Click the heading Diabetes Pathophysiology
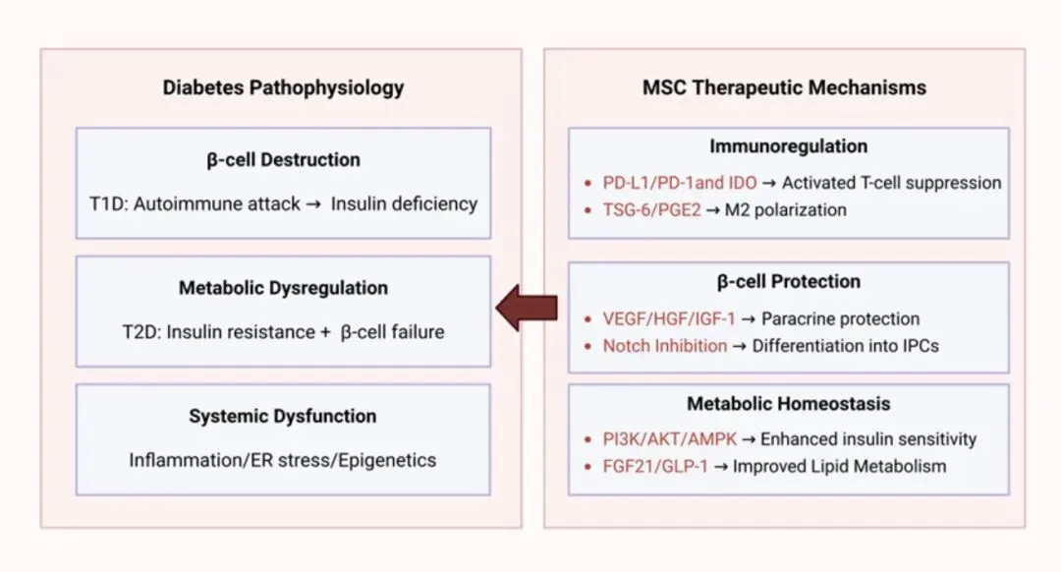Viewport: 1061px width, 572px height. point(283,87)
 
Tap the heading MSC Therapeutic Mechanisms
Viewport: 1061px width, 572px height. point(784,87)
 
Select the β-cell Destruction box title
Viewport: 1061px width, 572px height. point(283,159)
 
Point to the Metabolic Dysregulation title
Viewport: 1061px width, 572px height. point(283,288)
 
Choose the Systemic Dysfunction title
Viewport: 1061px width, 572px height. point(283,417)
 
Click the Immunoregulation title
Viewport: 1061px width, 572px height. point(788,146)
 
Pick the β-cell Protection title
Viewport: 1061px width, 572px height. point(788,281)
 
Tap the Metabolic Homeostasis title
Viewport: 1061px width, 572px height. point(788,403)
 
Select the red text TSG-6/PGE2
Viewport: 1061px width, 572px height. point(651,209)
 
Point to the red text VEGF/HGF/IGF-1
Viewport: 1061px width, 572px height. point(668,318)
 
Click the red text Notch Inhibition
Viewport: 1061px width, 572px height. point(665,345)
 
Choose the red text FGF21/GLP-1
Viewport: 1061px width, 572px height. point(653,465)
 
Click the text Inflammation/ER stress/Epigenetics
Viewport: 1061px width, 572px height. point(283,459)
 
